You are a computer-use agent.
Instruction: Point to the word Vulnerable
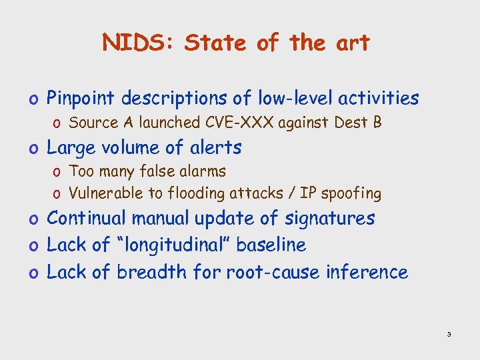(x=103, y=194)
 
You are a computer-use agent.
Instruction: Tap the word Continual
(x=87, y=219)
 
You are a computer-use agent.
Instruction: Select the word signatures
(x=331, y=219)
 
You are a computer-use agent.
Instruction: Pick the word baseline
(x=271, y=245)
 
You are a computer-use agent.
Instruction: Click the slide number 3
(x=449, y=334)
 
